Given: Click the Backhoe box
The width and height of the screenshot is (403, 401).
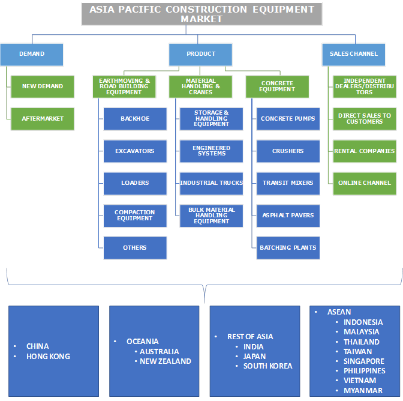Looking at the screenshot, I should (135, 119).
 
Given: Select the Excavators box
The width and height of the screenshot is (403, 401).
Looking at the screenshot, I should (135, 151).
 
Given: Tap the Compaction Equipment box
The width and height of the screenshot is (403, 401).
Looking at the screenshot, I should (135, 216).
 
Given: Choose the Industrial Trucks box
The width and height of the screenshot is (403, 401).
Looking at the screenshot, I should (212, 183).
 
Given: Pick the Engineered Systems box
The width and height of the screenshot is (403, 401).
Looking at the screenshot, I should (212, 151).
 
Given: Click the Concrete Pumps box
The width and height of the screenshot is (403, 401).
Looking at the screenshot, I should (288, 119).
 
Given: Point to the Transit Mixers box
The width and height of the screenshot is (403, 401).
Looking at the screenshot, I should (288, 183).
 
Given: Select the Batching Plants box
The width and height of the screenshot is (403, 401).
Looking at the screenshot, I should (288, 247).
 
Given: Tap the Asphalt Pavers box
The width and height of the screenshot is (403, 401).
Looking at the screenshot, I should (288, 216).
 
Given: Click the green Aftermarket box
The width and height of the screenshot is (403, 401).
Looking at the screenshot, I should (43, 119).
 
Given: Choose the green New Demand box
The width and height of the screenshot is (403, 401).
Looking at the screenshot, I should (43, 86).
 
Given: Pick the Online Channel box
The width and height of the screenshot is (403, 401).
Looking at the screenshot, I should (365, 183).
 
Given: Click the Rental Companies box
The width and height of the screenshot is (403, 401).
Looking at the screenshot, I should (365, 151).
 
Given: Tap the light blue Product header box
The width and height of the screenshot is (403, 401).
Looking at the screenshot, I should (200, 54).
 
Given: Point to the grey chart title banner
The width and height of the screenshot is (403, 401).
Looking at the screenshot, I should (201, 14).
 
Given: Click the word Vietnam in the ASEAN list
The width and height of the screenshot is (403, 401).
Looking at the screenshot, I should (360, 381).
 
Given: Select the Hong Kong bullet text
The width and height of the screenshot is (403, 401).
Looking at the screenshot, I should (48, 357).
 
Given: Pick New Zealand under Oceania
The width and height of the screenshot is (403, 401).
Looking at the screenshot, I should (166, 361).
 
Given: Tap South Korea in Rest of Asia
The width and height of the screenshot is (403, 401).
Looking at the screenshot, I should (267, 366).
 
